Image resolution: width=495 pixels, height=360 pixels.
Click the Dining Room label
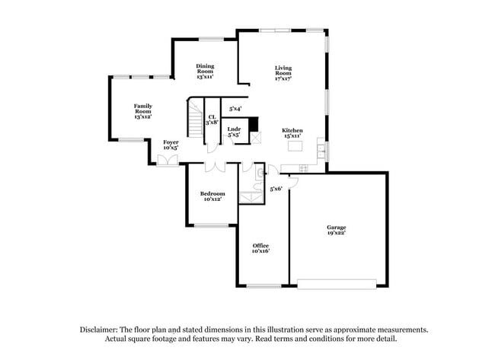point(205,71)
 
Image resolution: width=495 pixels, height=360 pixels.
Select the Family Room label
point(142,110)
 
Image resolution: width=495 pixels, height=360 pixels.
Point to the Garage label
point(337,231)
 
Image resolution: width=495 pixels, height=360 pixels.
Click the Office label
point(261,248)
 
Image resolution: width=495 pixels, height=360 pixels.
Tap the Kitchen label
point(293,132)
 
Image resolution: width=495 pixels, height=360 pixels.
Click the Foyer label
point(171,145)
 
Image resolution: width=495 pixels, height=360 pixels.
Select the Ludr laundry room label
point(235,132)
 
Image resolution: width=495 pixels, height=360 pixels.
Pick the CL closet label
point(212,119)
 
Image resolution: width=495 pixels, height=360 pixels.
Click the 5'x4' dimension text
point(235,109)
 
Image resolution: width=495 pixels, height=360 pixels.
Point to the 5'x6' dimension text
point(276,188)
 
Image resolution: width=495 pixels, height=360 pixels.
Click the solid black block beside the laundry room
point(254,125)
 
